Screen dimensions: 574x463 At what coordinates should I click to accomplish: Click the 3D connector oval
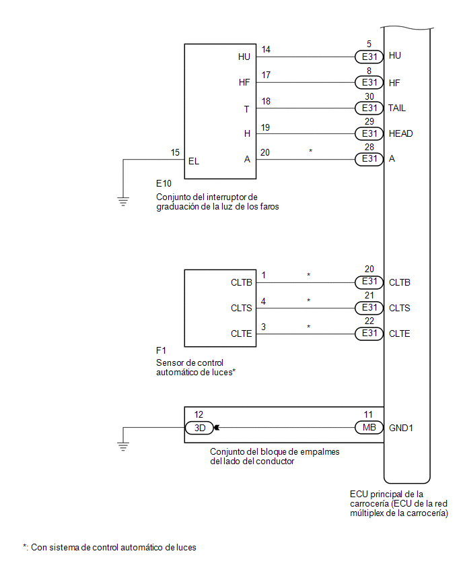199,427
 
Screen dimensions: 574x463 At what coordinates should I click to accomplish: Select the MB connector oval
368,427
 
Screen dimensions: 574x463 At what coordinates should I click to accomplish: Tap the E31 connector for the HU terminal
368,57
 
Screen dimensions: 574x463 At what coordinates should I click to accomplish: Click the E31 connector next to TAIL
368,108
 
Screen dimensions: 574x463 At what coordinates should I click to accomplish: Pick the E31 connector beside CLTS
368,308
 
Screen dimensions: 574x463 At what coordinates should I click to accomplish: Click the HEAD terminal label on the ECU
401,133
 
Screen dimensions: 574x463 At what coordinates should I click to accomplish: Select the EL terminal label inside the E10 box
194,161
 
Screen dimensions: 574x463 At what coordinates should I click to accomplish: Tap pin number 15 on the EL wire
175,153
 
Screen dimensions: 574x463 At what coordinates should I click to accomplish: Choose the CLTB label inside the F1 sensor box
241,282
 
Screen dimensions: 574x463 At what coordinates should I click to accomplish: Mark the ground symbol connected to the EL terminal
123,200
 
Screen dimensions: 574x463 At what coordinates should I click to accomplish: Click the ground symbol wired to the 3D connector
123,445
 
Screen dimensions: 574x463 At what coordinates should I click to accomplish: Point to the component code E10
164,183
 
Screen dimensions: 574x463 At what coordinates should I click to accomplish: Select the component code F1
161,351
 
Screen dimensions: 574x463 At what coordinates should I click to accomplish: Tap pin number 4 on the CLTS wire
264,300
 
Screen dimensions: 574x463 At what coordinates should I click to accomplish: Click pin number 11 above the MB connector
368,415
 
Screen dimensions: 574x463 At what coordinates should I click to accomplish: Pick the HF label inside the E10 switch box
244,82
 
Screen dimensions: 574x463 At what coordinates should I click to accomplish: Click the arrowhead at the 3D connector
217,427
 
